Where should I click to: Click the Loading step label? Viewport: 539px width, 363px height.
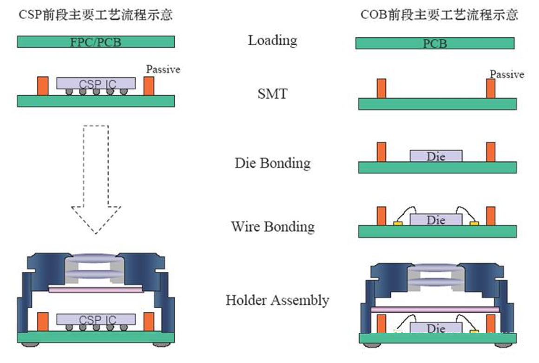[272, 40]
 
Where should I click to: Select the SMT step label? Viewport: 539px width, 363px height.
[272, 94]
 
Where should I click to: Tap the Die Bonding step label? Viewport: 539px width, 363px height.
[272, 163]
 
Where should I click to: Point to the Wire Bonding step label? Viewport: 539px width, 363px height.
[273, 227]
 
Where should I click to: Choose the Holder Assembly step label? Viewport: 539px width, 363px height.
[277, 300]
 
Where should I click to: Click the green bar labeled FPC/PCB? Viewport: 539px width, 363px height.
[96, 42]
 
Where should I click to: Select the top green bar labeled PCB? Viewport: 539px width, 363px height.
[435, 43]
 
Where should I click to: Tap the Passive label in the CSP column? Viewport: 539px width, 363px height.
[163, 70]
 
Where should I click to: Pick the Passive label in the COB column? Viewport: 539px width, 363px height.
[507, 74]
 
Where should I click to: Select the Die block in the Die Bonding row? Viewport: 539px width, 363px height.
[436, 156]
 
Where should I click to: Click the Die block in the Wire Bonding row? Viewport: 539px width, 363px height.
[436, 220]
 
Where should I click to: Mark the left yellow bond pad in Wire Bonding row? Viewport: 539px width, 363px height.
[398, 224]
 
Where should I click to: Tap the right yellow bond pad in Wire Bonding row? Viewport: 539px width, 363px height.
[474, 224]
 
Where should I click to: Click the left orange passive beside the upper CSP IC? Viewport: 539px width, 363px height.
[43, 86]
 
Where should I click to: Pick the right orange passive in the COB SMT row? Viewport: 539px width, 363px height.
[491, 88]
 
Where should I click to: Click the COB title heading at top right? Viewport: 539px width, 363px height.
[439, 15]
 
